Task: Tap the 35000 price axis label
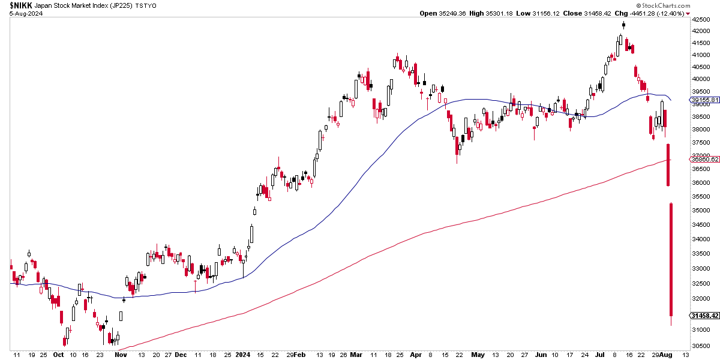pos(701,211)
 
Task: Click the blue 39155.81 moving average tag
pos(705,100)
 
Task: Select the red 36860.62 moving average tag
pos(705,159)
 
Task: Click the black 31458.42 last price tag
pos(705,316)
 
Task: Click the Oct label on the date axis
pos(58,355)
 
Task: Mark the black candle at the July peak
pos(624,25)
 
